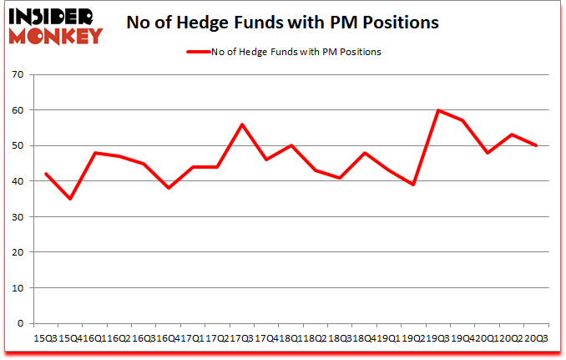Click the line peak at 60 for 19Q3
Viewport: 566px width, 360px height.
pos(437,110)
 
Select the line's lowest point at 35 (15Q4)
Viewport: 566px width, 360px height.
pos(70,199)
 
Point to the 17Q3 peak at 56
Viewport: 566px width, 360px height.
pos(241,124)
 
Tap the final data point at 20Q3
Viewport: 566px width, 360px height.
pos(535,145)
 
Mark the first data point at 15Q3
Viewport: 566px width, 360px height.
pos(46,174)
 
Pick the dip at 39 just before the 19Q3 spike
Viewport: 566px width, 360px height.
pos(412,185)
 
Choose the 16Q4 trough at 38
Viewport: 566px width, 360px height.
pos(168,188)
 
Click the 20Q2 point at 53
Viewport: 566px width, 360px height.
pos(511,134)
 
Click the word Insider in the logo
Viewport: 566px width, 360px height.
pos(52,14)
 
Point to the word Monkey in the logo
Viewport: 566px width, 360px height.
pos(52,35)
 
